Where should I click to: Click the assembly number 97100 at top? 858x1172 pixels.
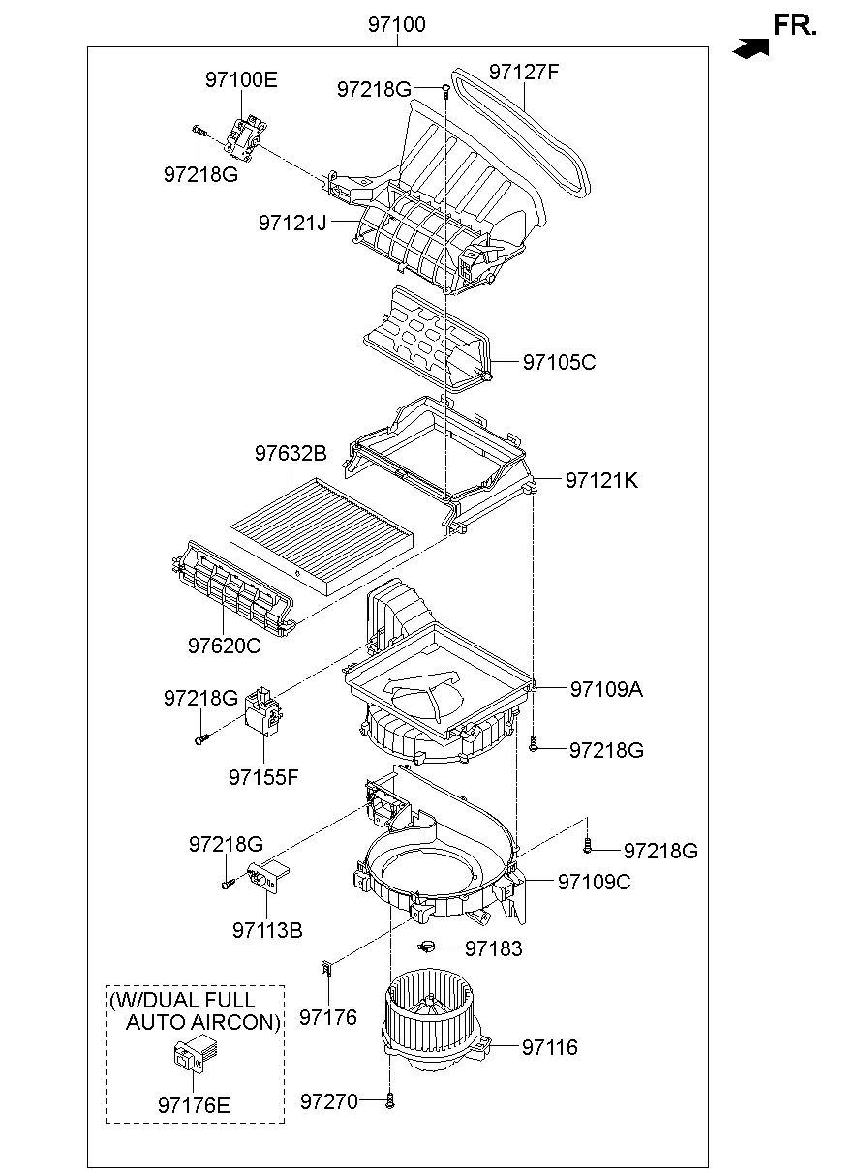[x=396, y=25]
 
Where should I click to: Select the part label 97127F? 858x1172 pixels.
[x=524, y=72]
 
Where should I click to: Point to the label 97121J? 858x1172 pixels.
[x=292, y=223]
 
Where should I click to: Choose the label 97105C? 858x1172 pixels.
[x=559, y=362]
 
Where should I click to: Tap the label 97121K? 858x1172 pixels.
[x=601, y=480]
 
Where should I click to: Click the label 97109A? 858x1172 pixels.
[x=606, y=689]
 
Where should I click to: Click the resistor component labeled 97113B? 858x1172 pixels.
[x=266, y=876]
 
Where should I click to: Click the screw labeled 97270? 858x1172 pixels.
[x=389, y=1100]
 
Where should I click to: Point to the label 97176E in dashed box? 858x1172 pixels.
[x=194, y=1104]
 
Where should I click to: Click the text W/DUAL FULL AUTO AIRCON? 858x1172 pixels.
[x=196, y=1011]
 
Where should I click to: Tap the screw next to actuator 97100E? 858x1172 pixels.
[x=198, y=130]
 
